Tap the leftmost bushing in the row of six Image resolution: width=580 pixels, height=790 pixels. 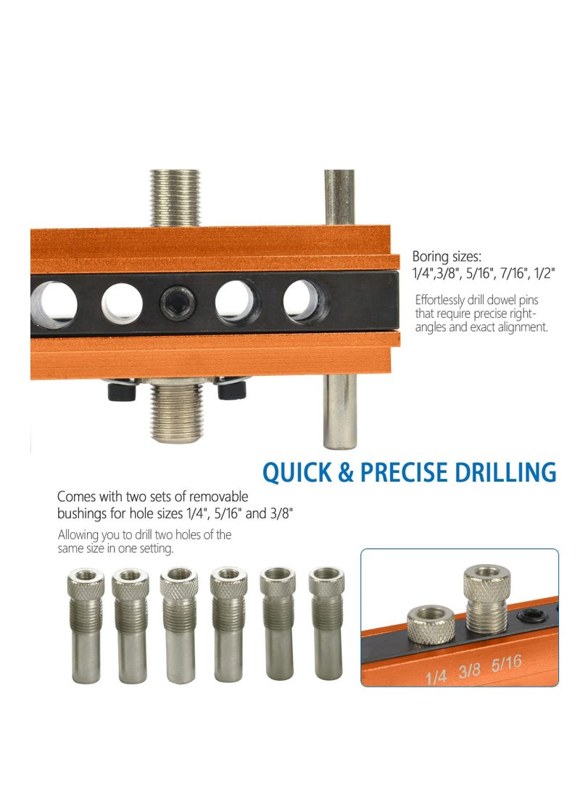click(85, 624)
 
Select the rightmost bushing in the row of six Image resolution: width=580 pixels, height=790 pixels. click(326, 622)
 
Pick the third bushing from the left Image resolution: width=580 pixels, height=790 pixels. click(180, 624)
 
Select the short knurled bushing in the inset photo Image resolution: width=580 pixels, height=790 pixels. click(431, 623)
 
